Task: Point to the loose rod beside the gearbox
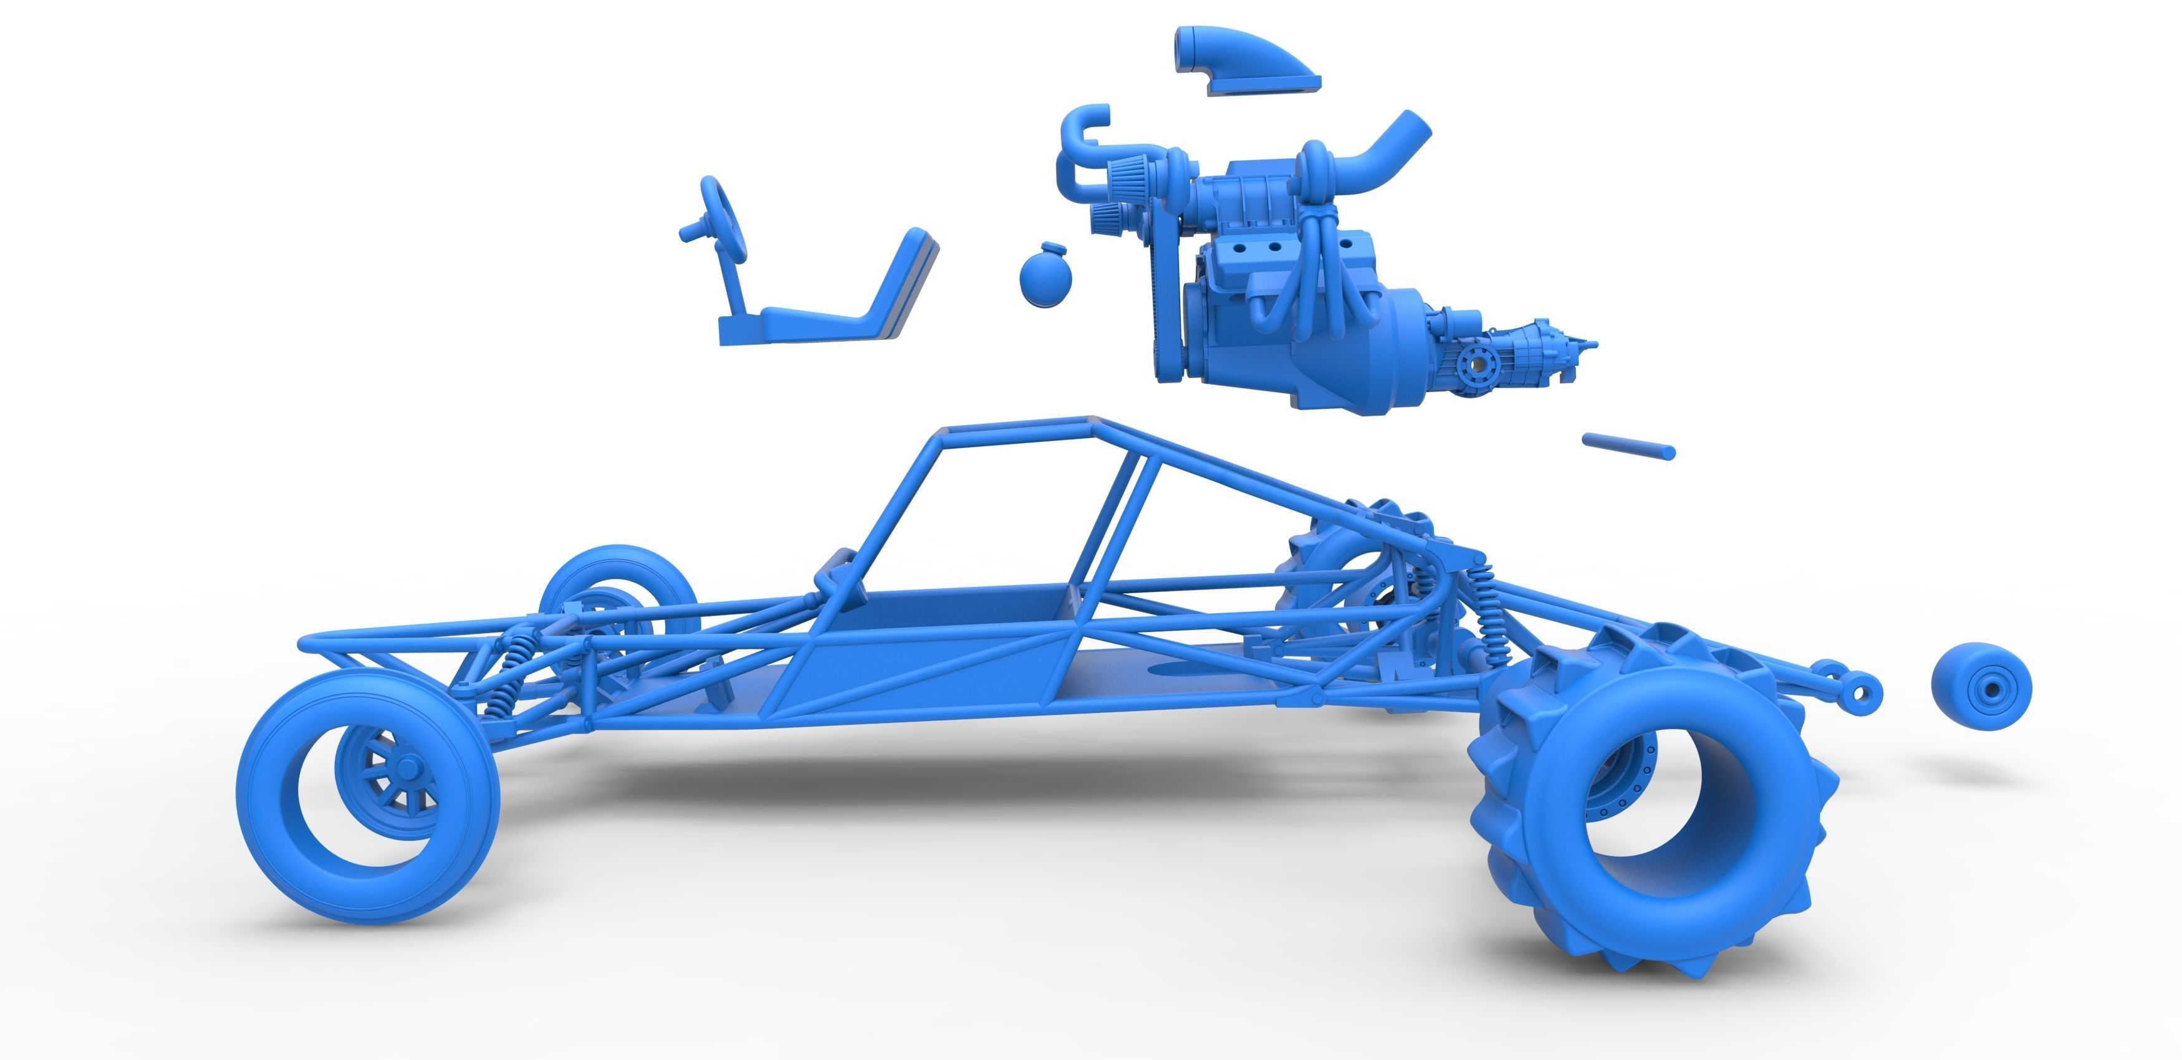pos(1627,446)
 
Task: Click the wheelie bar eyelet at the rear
pos(1858,694)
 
